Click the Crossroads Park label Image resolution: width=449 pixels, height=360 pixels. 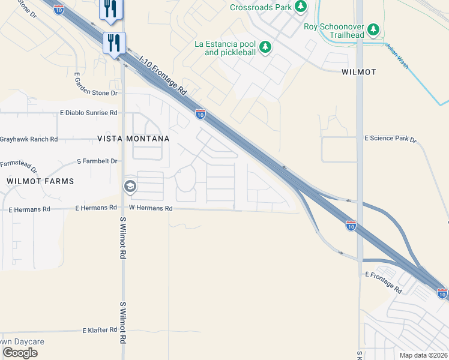coord(261,7)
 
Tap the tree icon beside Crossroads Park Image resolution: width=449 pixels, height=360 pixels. coord(301,7)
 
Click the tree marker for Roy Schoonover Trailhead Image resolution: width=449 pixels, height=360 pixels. coord(373,29)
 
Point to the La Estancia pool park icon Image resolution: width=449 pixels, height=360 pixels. coord(265,47)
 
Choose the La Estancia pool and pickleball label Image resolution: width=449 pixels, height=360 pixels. coord(225,49)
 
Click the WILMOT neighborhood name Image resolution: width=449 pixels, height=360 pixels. coord(358,72)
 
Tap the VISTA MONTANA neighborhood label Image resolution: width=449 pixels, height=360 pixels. coord(133,139)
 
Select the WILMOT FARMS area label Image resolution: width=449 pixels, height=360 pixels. coord(40,181)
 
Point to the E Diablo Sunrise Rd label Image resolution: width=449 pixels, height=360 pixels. coord(88,113)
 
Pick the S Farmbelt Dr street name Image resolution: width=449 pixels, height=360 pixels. coord(97,161)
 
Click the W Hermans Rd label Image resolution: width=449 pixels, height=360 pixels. coord(151,209)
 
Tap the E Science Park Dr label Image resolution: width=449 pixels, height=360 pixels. coord(390,139)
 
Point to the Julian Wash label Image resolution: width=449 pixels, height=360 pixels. coord(397,56)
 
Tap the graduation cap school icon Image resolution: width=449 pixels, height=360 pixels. coord(129,187)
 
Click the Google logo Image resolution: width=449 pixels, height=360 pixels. coord(20,353)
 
